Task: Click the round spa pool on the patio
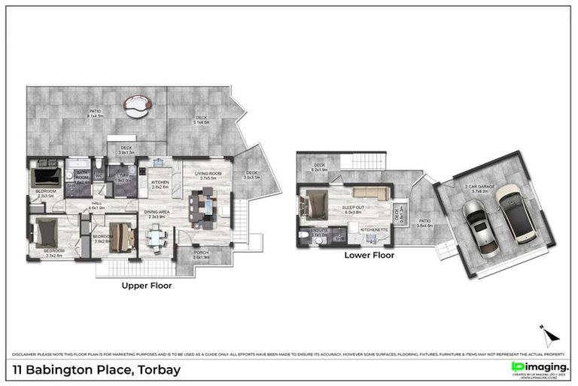click(x=137, y=107)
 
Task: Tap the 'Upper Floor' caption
click(x=147, y=286)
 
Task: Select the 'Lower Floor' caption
click(x=369, y=255)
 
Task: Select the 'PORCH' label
click(x=201, y=255)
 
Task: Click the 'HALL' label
click(x=97, y=204)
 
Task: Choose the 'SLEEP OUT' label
click(x=354, y=209)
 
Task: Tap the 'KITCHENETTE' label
click(x=373, y=229)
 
